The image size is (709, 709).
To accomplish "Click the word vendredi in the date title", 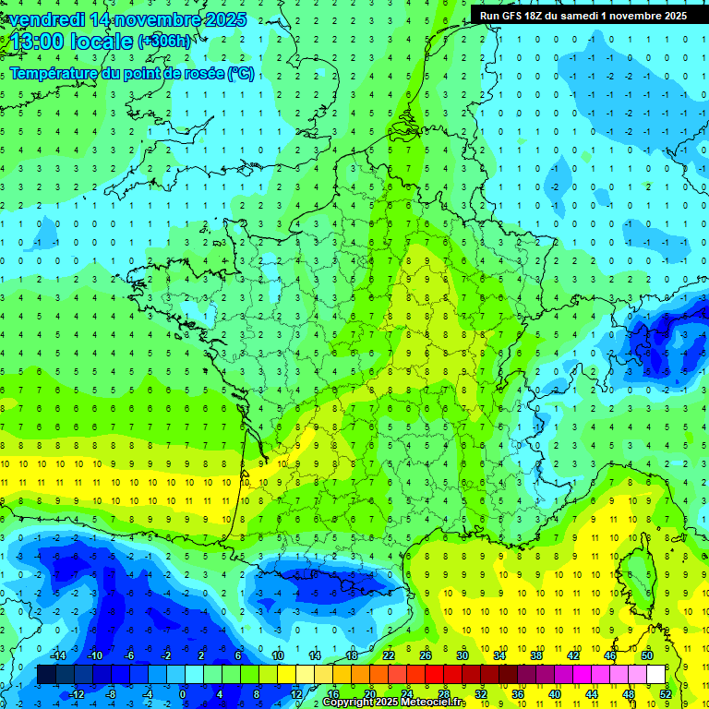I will point(45,19).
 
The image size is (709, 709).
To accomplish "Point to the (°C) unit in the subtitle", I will point(240,74).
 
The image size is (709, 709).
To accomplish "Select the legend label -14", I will point(57,655).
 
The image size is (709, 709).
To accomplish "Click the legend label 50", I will point(647,655).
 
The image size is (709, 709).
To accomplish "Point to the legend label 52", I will point(666,694).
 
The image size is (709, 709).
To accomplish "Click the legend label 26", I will point(426,655).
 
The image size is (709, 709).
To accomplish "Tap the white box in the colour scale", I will point(656,675).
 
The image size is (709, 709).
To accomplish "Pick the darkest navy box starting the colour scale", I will point(46,675).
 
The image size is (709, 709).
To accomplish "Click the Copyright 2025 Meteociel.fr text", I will point(394,703).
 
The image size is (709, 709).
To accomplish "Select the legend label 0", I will point(183,694).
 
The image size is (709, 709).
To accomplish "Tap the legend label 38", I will point(536,655).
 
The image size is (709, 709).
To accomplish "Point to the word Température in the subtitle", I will point(54,74).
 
